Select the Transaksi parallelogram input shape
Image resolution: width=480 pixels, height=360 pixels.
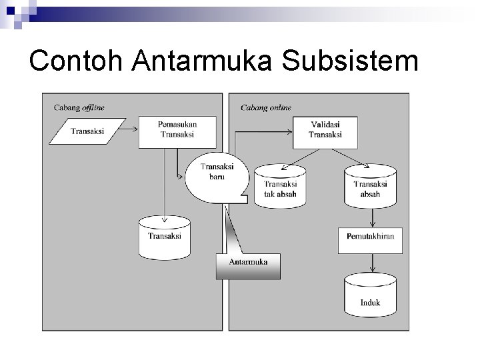coord(87,131)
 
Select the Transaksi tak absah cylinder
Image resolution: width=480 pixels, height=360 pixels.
coord(280,185)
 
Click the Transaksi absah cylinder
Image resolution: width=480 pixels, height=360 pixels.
coord(370,185)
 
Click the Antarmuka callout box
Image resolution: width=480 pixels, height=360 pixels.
coord(248,265)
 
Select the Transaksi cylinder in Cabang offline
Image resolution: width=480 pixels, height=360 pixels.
coord(164,237)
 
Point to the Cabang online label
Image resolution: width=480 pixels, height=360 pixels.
coord(265,107)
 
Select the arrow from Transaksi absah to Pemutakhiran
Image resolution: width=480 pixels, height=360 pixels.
coord(370,217)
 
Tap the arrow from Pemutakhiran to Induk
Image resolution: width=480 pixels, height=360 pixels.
coord(370,263)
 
